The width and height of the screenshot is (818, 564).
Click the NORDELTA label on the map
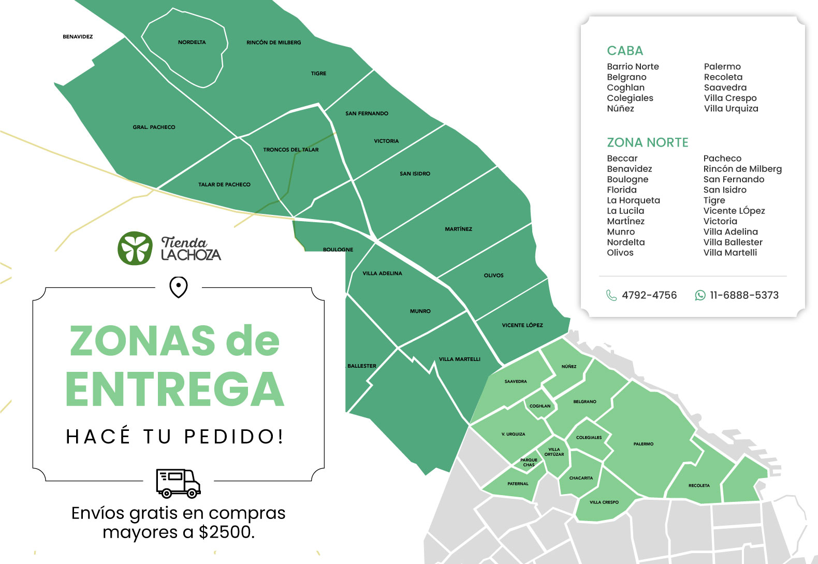point(192,42)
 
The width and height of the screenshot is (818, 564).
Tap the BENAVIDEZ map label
point(78,37)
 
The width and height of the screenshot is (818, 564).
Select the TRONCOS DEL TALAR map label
point(290,150)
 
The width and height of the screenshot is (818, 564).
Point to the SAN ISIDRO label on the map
point(415,173)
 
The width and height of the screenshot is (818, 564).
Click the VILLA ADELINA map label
point(382,273)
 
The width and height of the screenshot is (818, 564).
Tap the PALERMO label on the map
point(643,444)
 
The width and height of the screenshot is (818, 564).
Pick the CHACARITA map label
point(581,478)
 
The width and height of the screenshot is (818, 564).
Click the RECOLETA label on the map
point(699,486)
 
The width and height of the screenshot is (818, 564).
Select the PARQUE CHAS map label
point(529,462)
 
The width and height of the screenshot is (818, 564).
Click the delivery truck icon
point(178,483)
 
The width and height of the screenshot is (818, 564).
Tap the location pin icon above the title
point(179,287)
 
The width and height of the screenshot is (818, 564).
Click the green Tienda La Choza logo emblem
point(135,248)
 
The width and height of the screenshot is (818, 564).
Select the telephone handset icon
point(611,295)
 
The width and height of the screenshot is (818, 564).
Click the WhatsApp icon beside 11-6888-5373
point(700,295)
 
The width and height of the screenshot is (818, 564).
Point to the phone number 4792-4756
point(649,295)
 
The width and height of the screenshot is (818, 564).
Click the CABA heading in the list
point(625,51)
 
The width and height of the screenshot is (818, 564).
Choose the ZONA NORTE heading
point(647,142)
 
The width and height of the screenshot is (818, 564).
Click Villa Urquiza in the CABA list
point(731,108)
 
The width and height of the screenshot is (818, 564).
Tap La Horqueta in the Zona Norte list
point(633,200)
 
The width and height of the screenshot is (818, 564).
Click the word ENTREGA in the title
point(175,389)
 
